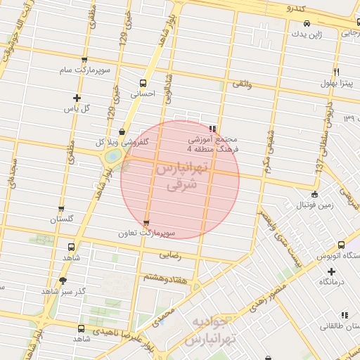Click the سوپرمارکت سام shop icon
(x=84, y=60)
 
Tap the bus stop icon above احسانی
(x=143, y=82)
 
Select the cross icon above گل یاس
(x=77, y=98)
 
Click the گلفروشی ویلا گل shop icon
(x=122, y=131)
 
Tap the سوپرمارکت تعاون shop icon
(x=146, y=222)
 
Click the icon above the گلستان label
(x=62, y=209)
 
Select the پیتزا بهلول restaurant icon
(x=337, y=72)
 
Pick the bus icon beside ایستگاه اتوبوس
(x=341, y=245)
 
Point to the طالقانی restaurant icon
(x=345, y=315)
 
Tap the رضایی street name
(x=170, y=255)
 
